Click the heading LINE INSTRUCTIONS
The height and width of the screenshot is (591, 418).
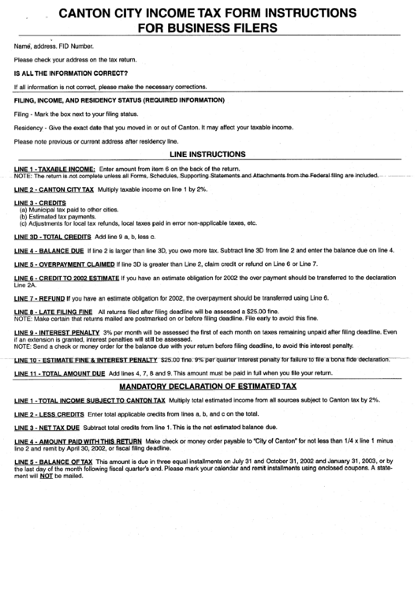coord(208,155)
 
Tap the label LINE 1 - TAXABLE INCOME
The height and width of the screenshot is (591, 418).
coord(54,170)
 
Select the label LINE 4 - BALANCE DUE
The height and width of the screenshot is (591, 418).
coord(49,249)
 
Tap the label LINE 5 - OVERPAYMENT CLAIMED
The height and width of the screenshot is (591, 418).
coord(64,263)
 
